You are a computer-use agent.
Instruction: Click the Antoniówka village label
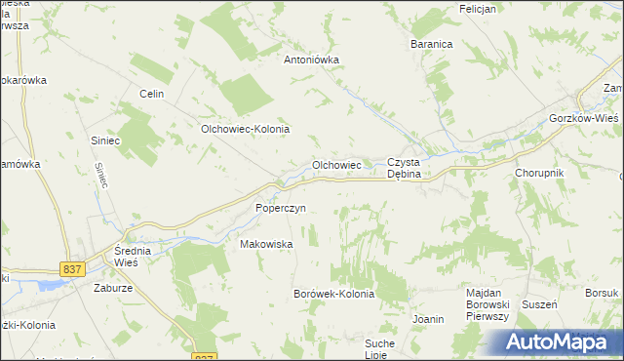pos(311,60)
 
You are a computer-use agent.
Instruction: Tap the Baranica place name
pos(432,45)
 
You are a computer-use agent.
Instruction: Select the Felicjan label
pos(478,9)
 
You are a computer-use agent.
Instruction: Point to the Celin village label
pos(150,94)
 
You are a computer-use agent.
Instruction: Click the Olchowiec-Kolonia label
pos(246,129)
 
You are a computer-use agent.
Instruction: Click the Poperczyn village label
pos(281,208)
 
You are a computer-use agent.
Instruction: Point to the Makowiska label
pos(266,245)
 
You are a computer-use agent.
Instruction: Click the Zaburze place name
pos(113,288)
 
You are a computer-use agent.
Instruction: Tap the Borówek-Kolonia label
pos(333,294)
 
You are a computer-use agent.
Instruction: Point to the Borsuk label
pos(602,293)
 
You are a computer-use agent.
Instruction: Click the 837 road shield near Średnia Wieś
pos(71,268)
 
